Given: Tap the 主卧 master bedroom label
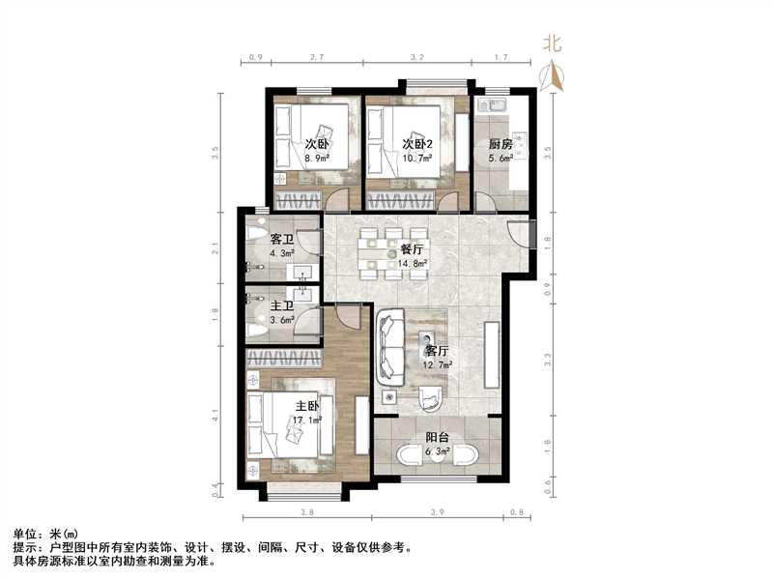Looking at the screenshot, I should click(308, 406).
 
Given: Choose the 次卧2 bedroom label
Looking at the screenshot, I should click(417, 145).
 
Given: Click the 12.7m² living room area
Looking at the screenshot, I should click(439, 364).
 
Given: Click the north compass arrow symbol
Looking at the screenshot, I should click(555, 75).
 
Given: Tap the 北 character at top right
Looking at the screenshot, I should click(552, 43).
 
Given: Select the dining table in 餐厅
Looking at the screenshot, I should click(391, 253).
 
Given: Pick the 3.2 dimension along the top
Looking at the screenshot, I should click(417, 59).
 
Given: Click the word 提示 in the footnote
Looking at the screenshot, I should click(25, 547).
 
